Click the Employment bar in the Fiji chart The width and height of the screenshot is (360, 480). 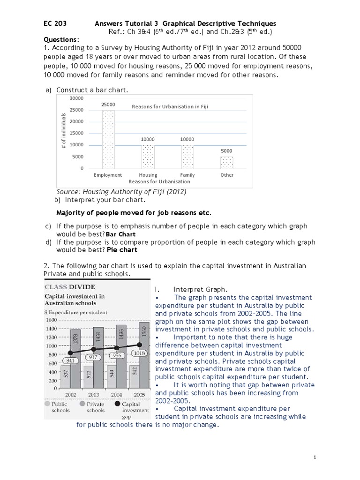pos(108,139)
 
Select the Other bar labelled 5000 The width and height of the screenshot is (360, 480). pos(227,162)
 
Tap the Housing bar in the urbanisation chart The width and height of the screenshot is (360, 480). pos(148,157)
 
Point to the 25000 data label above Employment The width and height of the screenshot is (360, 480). pos(108,105)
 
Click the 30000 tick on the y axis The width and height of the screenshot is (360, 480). pos(76,98)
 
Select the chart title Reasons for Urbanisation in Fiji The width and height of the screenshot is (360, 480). pos(170,106)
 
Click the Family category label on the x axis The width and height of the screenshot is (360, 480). pos(187,175)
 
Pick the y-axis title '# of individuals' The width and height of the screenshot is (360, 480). pos(63,132)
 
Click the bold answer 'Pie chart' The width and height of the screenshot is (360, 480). pos(122,250)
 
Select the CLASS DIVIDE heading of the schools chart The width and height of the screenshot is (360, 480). pos(69,287)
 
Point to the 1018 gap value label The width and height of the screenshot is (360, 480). pos(140,353)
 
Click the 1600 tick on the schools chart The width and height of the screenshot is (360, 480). pos(51,320)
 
